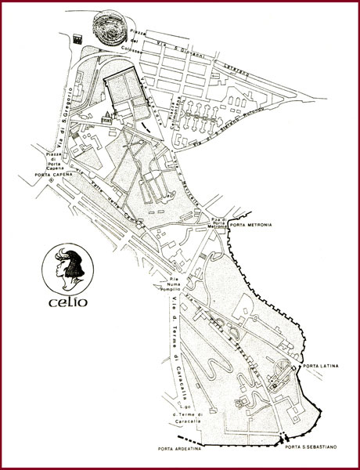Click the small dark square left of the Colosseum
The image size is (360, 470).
[x=76, y=37]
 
